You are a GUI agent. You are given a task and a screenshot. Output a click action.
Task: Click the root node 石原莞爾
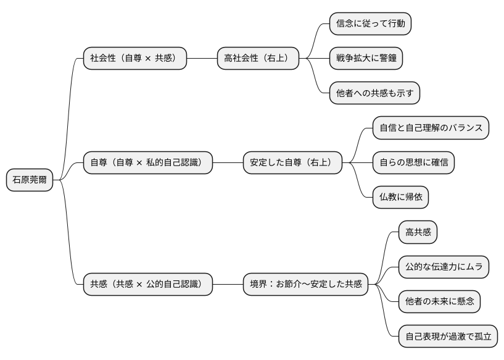[x=29, y=180]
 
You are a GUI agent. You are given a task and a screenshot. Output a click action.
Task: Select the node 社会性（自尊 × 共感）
[x=134, y=59]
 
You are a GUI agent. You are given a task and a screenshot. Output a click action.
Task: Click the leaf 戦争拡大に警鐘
[x=366, y=59]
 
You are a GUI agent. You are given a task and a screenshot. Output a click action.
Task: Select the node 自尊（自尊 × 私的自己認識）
[x=147, y=163]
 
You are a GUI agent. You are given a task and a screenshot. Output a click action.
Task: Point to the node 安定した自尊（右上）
[x=292, y=163]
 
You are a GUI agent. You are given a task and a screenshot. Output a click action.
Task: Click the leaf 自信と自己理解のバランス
[x=431, y=128]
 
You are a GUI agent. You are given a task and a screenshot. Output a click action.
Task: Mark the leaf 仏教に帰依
[x=400, y=198]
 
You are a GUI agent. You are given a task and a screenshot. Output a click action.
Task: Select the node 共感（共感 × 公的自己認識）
[x=147, y=285]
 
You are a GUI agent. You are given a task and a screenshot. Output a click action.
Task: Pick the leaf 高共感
[x=418, y=232]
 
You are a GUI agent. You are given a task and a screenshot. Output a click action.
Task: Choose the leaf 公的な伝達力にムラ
[x=444, y=267]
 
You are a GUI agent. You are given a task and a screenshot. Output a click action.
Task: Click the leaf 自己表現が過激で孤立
[x=448, y=337]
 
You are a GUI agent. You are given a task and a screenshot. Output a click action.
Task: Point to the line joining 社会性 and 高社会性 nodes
[x=202, y=59]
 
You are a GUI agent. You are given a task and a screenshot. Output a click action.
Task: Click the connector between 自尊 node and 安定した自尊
[x=227, y=163]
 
